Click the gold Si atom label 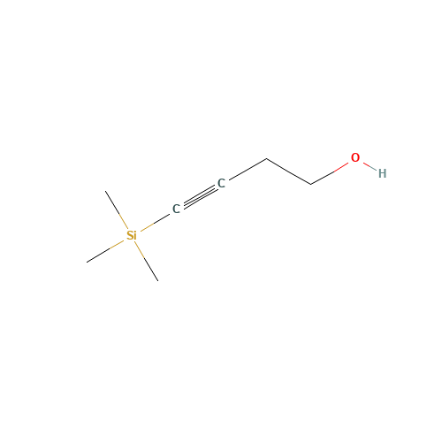point(132,235)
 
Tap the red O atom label point(355,157)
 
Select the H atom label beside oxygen point(382,173)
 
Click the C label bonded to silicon point(176,209)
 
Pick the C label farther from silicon point(221,183)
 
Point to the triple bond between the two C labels point(199,196)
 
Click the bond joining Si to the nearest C point(155,223)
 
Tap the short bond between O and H point(370,166)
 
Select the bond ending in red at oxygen point(330,173)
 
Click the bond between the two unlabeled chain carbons point(289,171)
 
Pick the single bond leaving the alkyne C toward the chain point(248,169)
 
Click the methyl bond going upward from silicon point(117,210)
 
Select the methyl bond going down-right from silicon point(147,262)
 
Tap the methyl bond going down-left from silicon point(105,251)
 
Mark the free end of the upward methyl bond point(105,191)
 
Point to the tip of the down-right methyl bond point(158,281)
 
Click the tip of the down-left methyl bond point(87,262)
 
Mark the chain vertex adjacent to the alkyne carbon point(267,158)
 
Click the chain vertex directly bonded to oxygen point(311,185)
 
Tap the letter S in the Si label point(130,235)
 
